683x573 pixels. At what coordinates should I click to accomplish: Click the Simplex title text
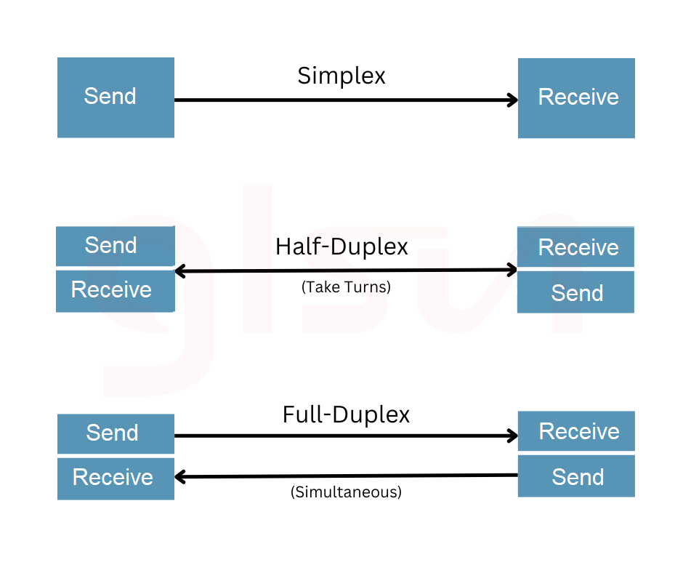point(341,76)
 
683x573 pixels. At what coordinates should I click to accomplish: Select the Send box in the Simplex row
point(116,97)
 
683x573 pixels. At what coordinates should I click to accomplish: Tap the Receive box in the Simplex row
point(576,98)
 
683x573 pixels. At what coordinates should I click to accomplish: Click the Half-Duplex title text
point(341,247)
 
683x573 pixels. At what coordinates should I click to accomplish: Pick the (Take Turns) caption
point(347,287)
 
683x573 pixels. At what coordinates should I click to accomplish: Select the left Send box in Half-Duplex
point(116,246)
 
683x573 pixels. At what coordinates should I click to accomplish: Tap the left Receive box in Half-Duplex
point(116,292)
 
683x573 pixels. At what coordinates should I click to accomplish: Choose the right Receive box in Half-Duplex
point(576,247)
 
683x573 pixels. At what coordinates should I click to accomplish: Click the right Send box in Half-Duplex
point(576,292)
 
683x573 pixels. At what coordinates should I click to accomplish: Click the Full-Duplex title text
point(347,414)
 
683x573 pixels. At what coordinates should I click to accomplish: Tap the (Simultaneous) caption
point(347,492)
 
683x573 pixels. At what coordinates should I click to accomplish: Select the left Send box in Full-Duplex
point(116,434)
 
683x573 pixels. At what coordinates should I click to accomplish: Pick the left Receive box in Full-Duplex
point(116,478)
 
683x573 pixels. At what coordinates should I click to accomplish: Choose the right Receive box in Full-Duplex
point(576,430)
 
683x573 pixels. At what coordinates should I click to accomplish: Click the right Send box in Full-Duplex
point(576,476)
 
